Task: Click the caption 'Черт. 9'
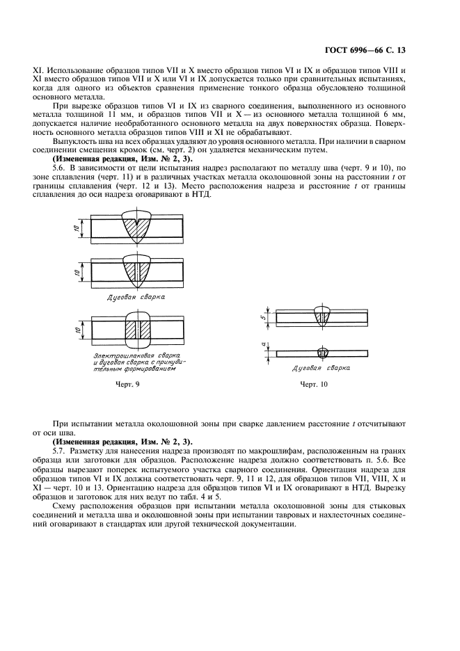(x=128, y=384)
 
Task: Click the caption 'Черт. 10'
(x=313, y=384)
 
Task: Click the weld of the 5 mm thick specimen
(x=322, y=316)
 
